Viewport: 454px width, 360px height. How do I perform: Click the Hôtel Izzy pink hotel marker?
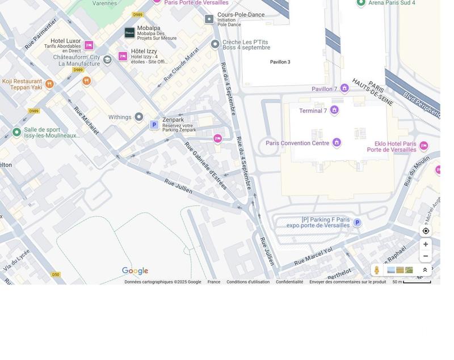(x=123, y=56)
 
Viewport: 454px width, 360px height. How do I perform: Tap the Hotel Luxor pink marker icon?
(x=89, y=45)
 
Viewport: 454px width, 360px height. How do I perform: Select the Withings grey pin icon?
(x=138, y=117)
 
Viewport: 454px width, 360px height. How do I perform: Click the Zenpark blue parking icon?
(x=154, y=125)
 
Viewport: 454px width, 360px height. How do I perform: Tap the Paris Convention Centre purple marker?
(x=337, y=142)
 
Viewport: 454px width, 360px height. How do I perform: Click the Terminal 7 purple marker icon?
(x=334, y=110)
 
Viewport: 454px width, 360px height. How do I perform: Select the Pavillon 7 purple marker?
(x=344, y=88)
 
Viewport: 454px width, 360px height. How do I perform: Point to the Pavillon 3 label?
(x=280, y=62)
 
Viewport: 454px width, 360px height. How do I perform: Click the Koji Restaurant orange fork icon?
(x=49, y=84)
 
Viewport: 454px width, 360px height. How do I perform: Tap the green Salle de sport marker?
(x=16, y=132)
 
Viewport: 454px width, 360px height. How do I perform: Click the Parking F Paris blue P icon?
(x=357, y=223)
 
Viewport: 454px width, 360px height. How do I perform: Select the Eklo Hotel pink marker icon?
(x=423, y=146)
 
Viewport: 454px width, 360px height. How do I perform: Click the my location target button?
(x=426, y=231)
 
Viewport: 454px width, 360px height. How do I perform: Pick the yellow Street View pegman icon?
(x=376, y=270)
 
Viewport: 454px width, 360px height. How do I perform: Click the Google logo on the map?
(x=135, y=271)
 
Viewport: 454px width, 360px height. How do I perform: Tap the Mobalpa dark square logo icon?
(x=129, y=33)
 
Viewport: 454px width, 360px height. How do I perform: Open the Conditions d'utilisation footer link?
(x=248, y=282)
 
